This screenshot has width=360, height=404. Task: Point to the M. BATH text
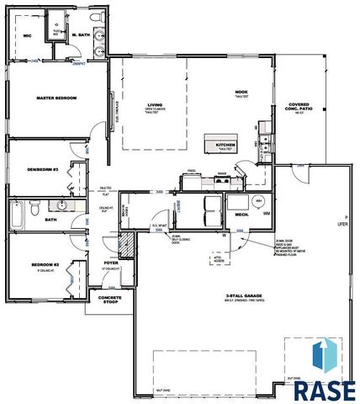point(82,34)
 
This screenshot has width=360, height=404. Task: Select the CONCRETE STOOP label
point(115,300)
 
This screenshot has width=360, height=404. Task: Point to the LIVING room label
point(152,105)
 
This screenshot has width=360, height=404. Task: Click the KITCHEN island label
point(226,145)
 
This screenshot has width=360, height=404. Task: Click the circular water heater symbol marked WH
point(260,201)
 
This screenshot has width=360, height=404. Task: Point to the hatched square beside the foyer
point(124,245)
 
